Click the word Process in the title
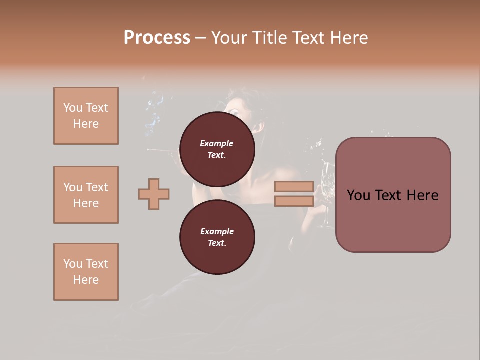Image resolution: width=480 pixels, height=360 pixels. point(157,38)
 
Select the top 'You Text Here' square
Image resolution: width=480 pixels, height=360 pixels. point(86,116)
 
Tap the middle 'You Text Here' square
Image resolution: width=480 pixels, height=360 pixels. point(86,195)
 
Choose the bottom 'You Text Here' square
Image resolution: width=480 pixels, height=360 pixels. point(86,272)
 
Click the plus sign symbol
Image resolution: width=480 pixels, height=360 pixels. point(154,194)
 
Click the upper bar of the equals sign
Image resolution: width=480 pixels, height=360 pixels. point(294,186)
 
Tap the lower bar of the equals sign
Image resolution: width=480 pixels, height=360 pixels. point(294,201)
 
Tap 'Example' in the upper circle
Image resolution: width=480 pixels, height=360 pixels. point(217,143)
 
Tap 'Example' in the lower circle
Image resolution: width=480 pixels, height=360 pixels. point(217,231)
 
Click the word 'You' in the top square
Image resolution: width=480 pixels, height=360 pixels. point(72,108)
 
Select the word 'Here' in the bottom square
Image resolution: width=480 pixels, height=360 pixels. point(86,280)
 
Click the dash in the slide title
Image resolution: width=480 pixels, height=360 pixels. point(200,38)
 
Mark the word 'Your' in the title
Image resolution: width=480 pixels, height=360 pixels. point(230,38)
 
